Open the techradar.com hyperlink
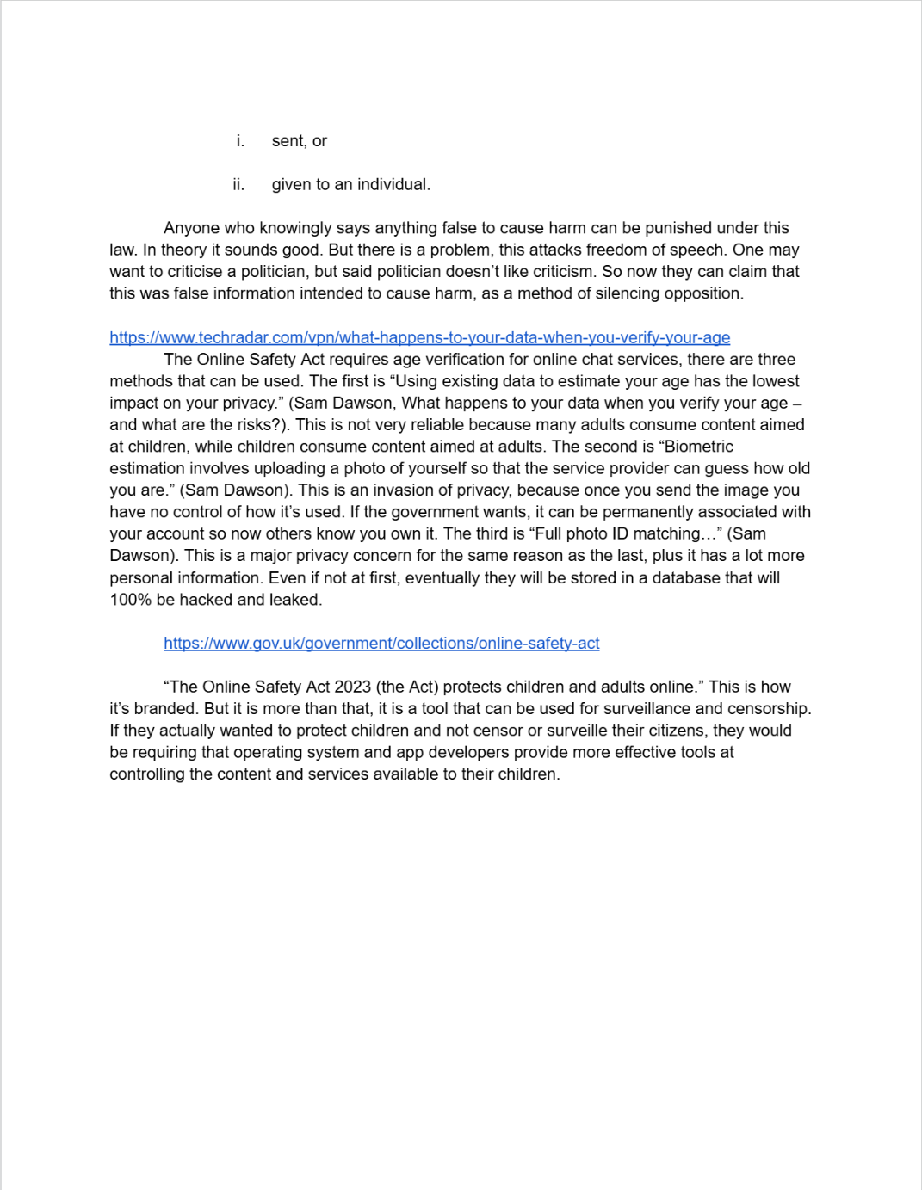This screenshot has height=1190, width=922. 419,337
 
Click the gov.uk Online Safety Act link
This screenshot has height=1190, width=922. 381,643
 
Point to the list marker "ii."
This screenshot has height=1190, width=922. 238,184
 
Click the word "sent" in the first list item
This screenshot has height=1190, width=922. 288,141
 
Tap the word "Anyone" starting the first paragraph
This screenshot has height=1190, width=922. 192,228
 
